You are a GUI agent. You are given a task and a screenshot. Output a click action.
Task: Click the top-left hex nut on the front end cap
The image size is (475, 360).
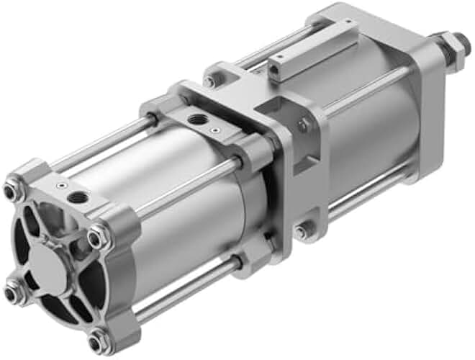(x=12, y=192)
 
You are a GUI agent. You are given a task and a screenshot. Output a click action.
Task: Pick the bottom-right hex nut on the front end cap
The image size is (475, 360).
(x=99, y=338)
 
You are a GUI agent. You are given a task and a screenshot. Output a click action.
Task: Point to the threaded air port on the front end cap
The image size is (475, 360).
(x=76, y=197)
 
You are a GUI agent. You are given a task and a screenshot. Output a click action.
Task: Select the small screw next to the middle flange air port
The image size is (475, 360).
(x=214, y=129)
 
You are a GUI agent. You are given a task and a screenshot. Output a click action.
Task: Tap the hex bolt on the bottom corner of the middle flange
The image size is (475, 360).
(x=303, y=231)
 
